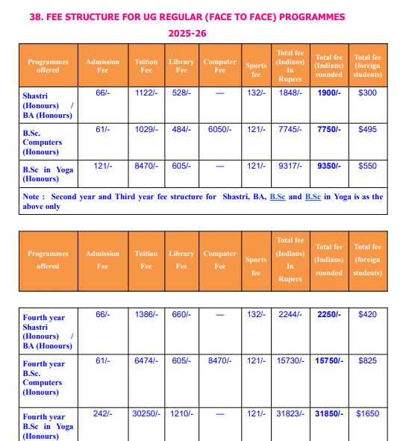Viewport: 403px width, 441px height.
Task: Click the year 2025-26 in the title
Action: click(187, 34)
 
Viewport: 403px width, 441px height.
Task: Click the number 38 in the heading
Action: click(36, 16)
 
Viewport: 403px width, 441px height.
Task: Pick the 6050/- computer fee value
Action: click(219, 129)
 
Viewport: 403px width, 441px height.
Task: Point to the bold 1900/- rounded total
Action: click(328, 93)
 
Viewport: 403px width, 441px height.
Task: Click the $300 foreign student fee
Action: click(367, 93)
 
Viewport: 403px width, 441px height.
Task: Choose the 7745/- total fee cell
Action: click(290, 130)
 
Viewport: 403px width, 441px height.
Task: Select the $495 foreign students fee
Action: click(367, 130)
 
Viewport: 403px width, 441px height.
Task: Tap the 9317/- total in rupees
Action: click(290, 166)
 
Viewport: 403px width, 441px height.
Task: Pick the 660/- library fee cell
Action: click(181, 314)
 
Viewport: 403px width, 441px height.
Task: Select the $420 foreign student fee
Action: click(367, 315)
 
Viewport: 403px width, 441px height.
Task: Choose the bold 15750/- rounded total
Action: click(328, 361)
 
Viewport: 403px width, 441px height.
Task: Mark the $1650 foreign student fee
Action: click(367, 413)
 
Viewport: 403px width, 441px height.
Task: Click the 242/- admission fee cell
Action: click(102, 413)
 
